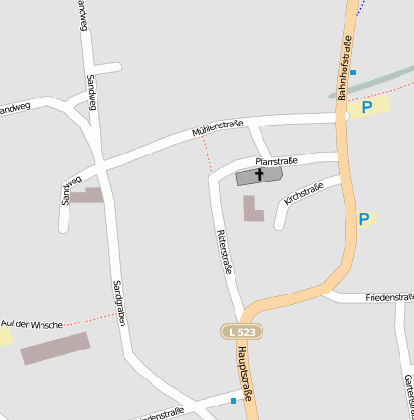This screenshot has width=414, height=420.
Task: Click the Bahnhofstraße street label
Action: point(345,68)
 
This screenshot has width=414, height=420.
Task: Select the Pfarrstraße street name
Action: point(276,161)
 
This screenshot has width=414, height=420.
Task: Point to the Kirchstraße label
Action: point(303,193)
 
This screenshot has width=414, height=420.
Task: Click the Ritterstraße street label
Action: point(225,252)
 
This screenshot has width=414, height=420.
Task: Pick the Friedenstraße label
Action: point(390,298)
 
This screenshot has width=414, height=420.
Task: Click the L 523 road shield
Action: point(241,331)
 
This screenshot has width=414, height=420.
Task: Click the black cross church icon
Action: point(260,175)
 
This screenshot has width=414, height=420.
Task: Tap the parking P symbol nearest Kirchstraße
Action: point(364,220)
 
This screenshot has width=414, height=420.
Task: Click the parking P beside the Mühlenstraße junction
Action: point(367,107)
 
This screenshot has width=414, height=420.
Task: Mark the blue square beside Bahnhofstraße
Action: point(353,71)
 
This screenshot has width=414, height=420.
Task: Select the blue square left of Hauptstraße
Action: point(234,399)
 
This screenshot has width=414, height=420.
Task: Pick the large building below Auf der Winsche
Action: point(54,349)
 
